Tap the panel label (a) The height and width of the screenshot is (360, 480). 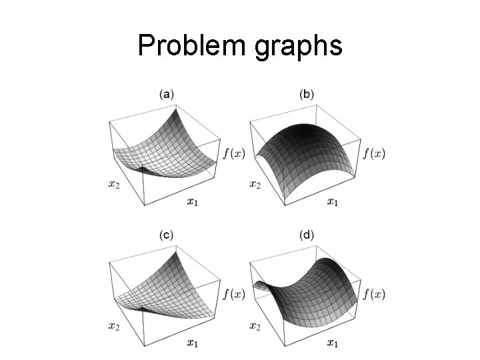tap(167, 95)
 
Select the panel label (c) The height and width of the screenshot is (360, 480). tap(167, 235)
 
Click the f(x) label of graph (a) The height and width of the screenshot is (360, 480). tap(233, 153)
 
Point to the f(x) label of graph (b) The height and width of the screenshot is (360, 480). tap(374, 153)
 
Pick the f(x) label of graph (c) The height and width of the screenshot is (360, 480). tap(233, 294)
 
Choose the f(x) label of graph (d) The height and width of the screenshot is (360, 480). tap(374, 294)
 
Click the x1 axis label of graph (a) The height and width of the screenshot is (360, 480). tap(192, 201)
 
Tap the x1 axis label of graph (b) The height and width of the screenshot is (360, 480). tap(332, 201)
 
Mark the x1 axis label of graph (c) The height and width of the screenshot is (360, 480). tap(192, 343)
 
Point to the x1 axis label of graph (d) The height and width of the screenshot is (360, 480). tap(332, 343)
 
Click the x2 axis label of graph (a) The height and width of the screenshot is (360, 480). tap(115, 183)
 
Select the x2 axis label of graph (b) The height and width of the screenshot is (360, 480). tap(255, 183)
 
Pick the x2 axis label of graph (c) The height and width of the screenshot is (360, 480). tap(115, 325)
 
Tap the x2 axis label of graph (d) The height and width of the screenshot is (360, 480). tap(255, 325)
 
